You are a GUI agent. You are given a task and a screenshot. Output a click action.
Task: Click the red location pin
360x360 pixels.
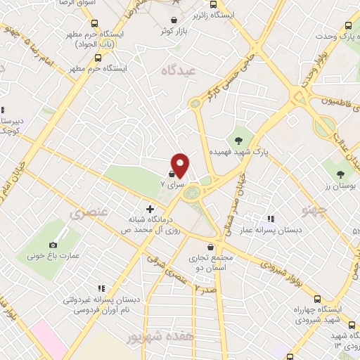[x=180, y=165]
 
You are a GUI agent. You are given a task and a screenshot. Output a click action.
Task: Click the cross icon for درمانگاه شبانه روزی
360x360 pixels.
[x=149, y=209]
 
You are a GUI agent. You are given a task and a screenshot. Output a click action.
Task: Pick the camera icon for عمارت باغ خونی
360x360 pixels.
[x=53, y=245]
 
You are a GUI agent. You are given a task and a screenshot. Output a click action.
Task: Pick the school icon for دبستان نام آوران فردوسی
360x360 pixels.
[x=102, y=288]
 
